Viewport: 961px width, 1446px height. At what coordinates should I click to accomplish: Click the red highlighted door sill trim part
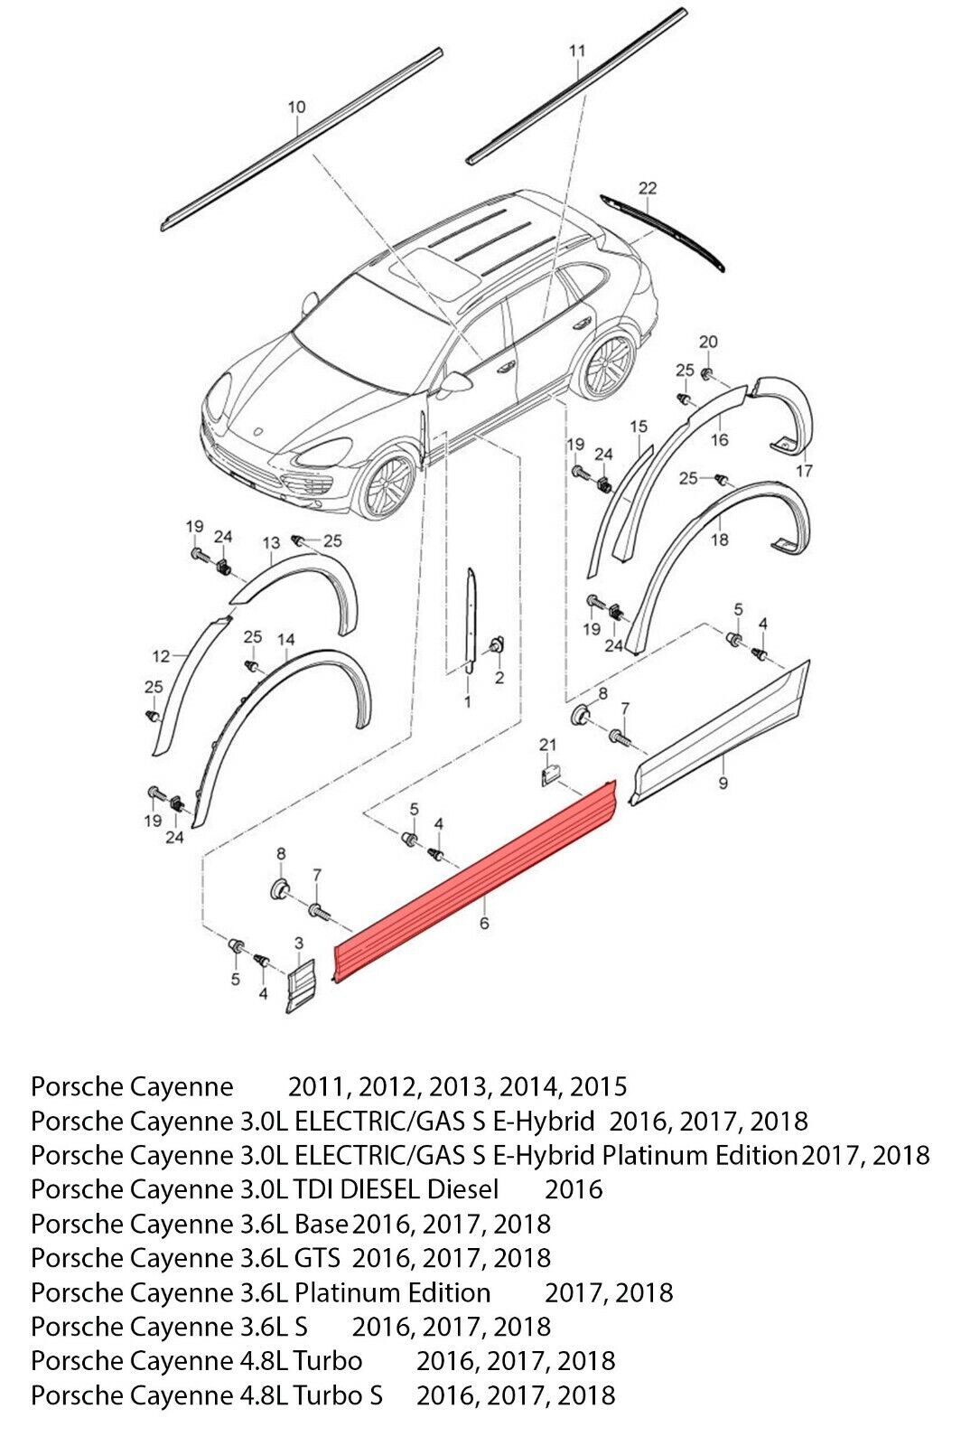tap(476, 881)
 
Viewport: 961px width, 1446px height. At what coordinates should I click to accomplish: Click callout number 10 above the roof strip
tap(296, 108)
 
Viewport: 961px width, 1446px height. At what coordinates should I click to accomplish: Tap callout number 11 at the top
tap(577, 51)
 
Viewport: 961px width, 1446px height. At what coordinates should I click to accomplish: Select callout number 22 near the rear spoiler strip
tap(647, 188)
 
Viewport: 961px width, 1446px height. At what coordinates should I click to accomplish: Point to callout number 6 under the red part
tap(484, 923)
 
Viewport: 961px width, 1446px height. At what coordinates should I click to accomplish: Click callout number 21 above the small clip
tap(547, 745)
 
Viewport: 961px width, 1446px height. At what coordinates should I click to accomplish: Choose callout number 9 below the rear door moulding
tap(723, 783)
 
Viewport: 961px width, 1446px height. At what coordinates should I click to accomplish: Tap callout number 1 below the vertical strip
tap(468, 701)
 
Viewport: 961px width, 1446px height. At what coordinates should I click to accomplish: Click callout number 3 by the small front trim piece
tap(299, 944)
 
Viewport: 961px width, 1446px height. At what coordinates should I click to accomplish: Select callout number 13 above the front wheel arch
tap(272, 543)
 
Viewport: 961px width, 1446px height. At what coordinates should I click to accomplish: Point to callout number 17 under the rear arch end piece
tap(804, 471)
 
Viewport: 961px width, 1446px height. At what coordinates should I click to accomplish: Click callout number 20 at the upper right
tap(708, 342)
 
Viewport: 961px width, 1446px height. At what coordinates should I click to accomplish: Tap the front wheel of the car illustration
tap(387, 483)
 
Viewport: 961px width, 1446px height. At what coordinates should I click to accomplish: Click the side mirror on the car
tap(454, 384)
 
